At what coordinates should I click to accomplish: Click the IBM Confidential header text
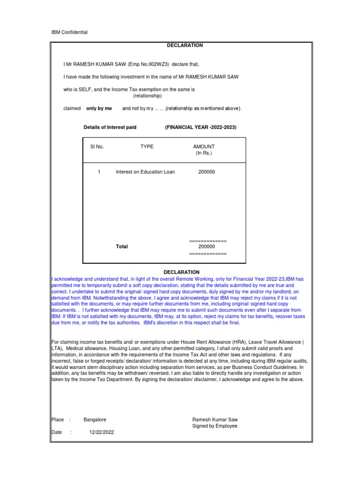[69, 32]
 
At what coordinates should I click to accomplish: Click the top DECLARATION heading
[185, 45]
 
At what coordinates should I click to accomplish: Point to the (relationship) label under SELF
[147, 96]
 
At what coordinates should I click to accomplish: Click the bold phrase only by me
[99, 108]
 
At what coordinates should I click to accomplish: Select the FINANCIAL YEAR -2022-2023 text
[201, 127]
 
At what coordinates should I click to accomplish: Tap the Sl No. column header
[97, 147]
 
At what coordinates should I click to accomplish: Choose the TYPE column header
[147, 147]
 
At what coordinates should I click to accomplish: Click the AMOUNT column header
[204, 147]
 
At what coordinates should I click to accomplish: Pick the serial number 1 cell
[99, 172]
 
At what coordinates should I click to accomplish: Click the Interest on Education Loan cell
[145, 172]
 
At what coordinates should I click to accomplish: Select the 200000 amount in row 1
[207, 172]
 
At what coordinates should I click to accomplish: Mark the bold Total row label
[122, 247]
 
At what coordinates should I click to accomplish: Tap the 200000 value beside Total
[207, 247]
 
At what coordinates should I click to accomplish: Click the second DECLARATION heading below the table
[181, 272]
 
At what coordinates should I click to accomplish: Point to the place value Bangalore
[95, 420]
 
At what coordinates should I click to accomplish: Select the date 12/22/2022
[101, 433]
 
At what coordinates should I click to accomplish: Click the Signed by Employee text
[215, 426]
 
